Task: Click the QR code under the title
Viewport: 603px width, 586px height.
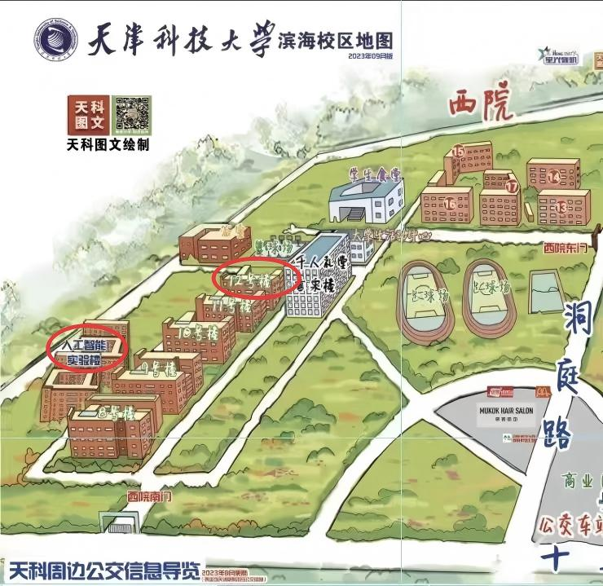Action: tap(131, 112)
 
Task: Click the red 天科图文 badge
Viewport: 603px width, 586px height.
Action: tap(88, 114)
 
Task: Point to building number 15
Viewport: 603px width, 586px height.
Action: tap(459, 151)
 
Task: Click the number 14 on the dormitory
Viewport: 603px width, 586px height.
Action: tap(554, 176)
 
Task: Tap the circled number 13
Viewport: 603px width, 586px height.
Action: tap(561, 208)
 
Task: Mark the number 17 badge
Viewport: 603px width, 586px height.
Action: tap(512, 187)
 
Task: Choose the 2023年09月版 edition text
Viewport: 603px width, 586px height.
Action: tap(371, 55)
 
